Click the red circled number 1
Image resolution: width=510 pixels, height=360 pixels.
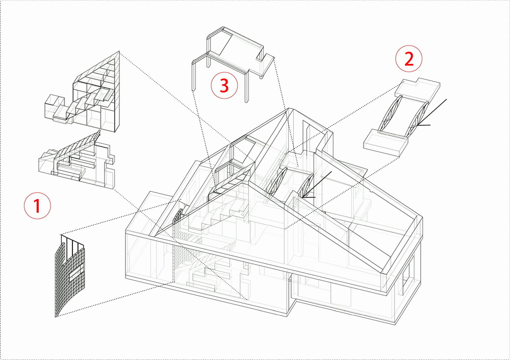point(37,207)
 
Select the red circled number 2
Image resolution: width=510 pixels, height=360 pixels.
point(409,59)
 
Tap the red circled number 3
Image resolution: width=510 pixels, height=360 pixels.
point(224,86)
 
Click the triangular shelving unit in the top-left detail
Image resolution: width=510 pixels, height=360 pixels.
point(99,94)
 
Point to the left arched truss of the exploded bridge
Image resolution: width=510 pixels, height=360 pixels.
point(389,115)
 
